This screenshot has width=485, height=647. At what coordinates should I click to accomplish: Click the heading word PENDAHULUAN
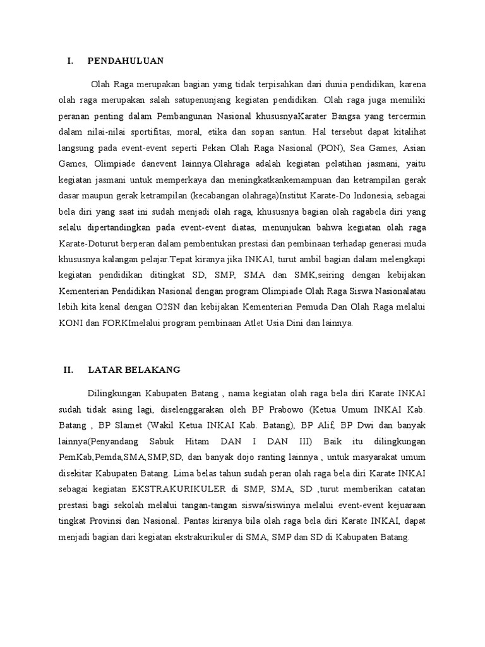click(x=126, y=61)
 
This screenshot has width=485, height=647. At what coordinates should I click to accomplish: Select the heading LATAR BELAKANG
click(x=134, y=370)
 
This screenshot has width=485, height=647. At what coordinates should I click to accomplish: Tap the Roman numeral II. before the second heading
click(x=69, y=370)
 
